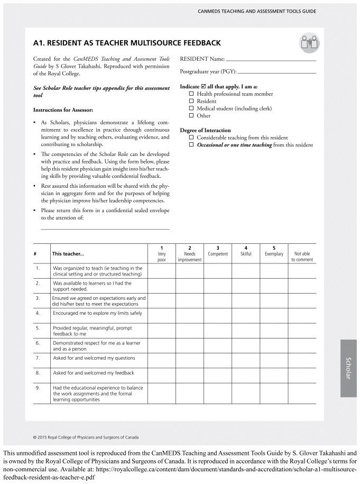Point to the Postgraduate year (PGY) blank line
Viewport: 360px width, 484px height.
[x=277, y=72]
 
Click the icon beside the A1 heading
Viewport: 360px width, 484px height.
[x=308, y=43]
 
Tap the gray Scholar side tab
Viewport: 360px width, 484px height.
[x=348, y=368]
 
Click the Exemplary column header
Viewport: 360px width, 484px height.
[x=274, y=251]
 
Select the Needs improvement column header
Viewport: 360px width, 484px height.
[x=189, y=254]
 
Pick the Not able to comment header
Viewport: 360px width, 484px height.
[x=302, y=257]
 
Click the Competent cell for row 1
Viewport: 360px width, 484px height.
[x=218, y=271]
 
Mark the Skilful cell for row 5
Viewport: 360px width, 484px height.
[x=246, y=331]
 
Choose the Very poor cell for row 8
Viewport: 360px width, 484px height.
[x=162, y=373]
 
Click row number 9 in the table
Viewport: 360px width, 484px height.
[x=38, y=388]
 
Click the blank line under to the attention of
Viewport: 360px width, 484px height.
[x=105, y=228]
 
